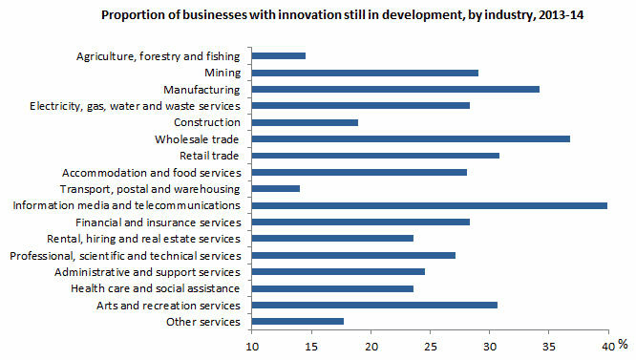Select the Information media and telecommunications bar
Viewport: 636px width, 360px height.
click(x=430, y=205)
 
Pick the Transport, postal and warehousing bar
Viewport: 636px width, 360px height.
click(x=276, y=188)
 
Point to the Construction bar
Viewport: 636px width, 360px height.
click(x=305, y=122)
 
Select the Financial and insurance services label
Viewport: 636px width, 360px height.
click(x=164, y=222)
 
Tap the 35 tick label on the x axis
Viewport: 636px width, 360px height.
click(x=549, y=346)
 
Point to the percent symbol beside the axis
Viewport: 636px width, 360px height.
click(x=622, y=345)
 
